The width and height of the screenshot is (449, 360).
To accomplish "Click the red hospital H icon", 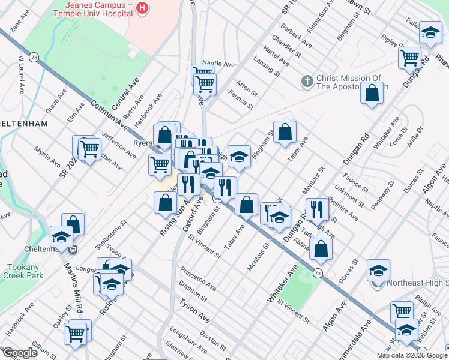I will tap(142, 8).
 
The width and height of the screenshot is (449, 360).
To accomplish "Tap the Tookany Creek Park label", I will tap(22, 271).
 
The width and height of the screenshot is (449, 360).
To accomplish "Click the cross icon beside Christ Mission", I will tap(306, 81).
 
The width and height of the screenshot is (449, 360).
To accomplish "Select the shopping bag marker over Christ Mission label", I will tap(372, 93).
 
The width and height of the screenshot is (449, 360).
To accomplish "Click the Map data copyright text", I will tap(412, 355).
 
